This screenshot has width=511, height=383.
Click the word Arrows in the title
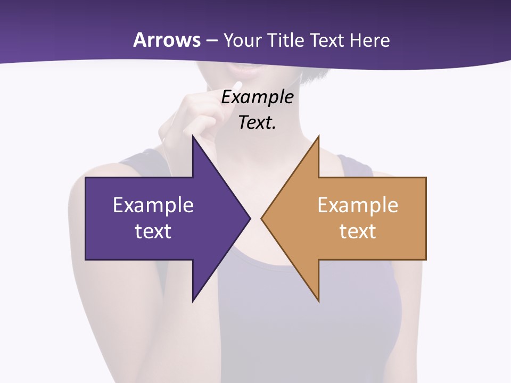point(167,40)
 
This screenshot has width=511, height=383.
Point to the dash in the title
point(211,41)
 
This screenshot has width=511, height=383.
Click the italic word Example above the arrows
point(257,97)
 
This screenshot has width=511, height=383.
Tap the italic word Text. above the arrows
point(257,122)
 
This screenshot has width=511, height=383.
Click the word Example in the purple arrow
point(153,205)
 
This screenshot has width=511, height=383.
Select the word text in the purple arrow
point(153,231)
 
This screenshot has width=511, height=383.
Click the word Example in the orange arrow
point(358,205)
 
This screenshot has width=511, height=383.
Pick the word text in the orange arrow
point(358,231)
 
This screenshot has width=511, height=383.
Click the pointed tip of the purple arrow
point(250,218)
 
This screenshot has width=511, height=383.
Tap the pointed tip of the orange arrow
point(261,218)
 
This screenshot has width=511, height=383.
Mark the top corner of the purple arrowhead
point(193,136)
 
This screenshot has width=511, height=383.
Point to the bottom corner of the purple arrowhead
point(193,301)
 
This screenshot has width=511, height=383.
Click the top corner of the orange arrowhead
point(318,136)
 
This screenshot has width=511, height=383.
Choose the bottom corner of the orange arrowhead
point(318,301)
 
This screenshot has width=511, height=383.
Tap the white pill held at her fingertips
point(238,86)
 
